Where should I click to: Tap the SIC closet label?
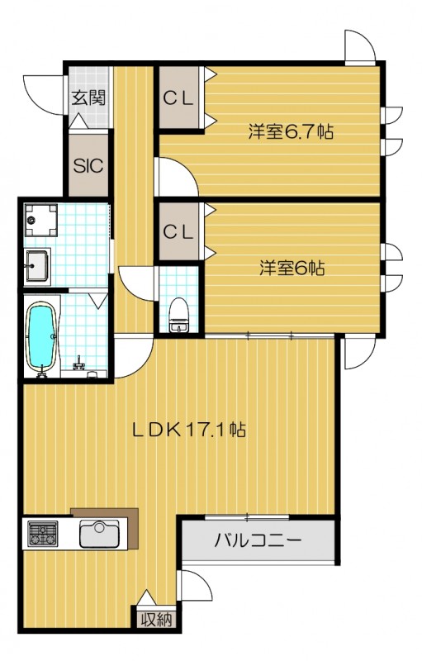click(88, 164)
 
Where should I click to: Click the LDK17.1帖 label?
click(190, 430)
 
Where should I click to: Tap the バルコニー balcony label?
click(258, 542)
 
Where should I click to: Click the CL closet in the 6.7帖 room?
click(178, 98)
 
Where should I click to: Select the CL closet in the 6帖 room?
click(178, 231)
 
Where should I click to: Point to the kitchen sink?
click(100, 535)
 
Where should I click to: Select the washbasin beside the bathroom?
click(38, 264)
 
